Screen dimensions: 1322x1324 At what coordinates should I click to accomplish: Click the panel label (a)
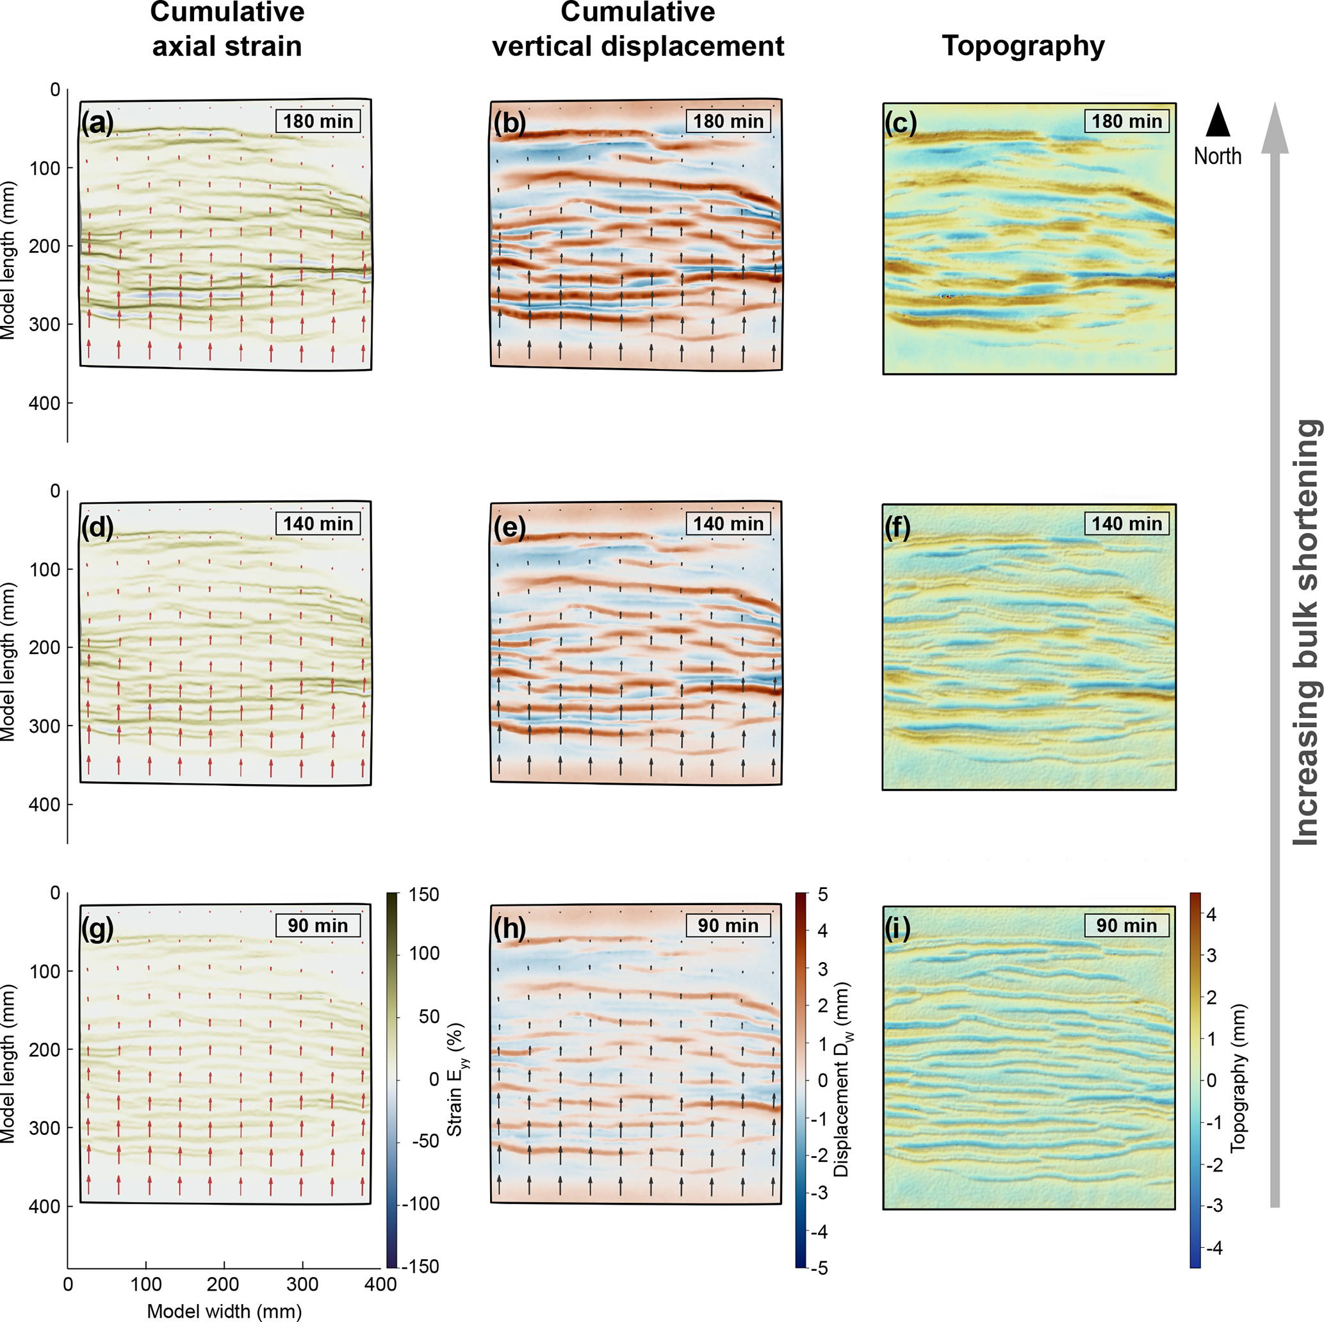coord(97,124)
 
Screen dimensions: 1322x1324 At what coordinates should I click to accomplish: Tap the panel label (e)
coord(509,528)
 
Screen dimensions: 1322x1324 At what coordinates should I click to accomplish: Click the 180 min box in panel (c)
coord(1127,121)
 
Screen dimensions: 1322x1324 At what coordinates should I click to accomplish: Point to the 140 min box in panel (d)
coord(318,523)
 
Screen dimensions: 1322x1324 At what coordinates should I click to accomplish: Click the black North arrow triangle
coord(1218,120)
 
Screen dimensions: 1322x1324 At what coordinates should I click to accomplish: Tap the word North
coord(1217,156)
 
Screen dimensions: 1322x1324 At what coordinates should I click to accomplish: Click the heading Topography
coord(1023,46)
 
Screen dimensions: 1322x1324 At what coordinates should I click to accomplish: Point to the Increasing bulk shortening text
coord(1306,631)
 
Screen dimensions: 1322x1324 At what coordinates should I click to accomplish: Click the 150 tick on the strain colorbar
coord(423,894)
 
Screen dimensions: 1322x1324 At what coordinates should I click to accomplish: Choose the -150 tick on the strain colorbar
coord(421,1266)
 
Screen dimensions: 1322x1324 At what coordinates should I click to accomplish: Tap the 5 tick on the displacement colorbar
coord(822,894)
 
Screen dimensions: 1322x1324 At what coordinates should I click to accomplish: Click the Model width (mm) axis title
coord(224,1311)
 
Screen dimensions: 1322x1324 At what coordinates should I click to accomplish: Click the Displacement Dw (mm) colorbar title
coord(842,1079)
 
